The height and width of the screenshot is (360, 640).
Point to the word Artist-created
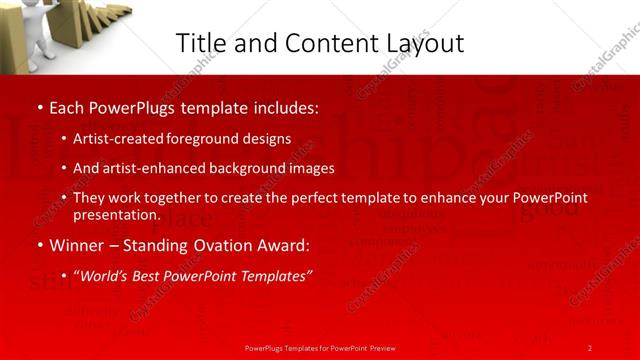[x=116, y=139]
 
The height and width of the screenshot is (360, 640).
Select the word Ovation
[x=219, y=245]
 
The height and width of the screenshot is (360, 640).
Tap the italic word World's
[x=105, y=275]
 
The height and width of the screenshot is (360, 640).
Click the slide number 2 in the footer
[x=590, y=347]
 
